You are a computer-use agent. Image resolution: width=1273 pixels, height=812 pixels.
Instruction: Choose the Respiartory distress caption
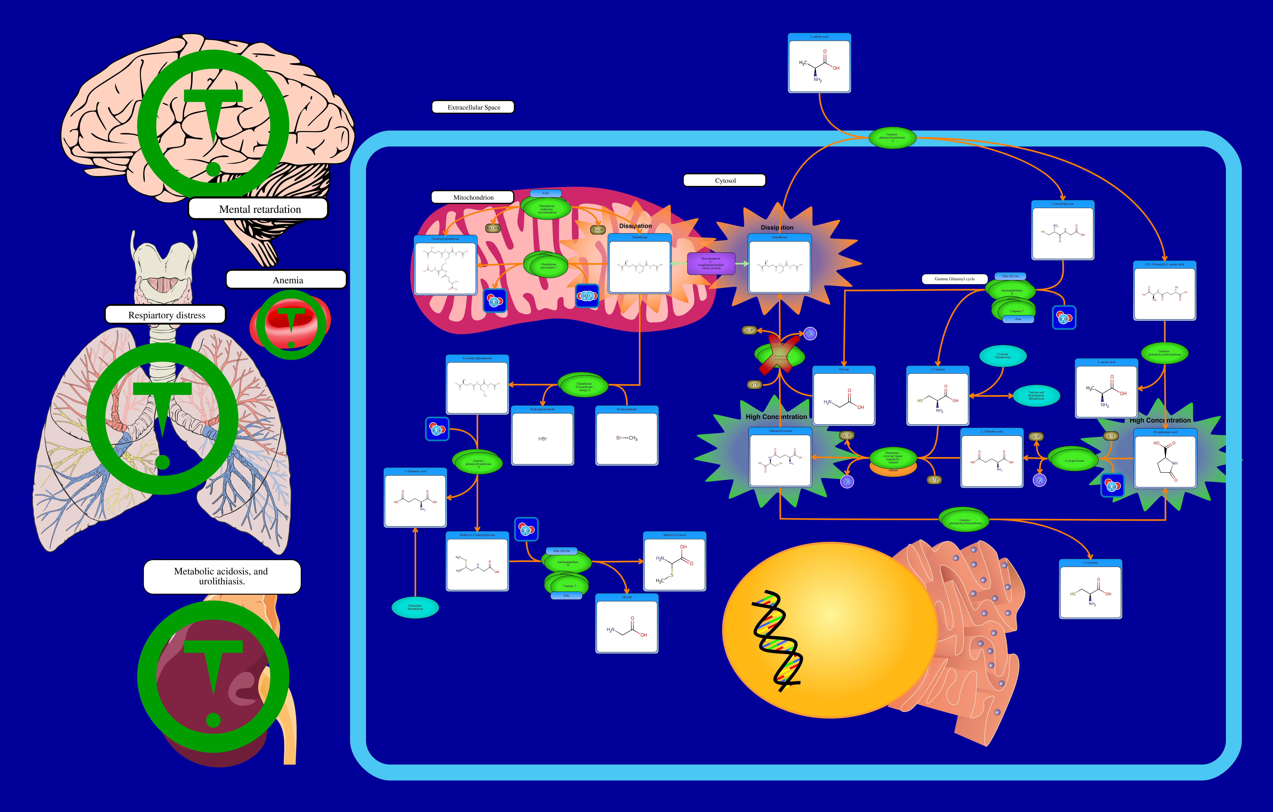coord(166,315)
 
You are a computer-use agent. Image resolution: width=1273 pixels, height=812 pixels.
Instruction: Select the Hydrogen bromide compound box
coord(542,436)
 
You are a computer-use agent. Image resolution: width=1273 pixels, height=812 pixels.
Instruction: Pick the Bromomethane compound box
coord(626,436)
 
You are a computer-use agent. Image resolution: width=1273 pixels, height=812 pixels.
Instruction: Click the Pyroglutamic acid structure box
coord(1165,459)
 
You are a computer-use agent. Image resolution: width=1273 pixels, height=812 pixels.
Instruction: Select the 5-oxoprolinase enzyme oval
coord(1074,460)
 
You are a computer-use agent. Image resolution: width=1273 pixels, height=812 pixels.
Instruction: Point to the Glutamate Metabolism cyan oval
coord(415,607)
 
